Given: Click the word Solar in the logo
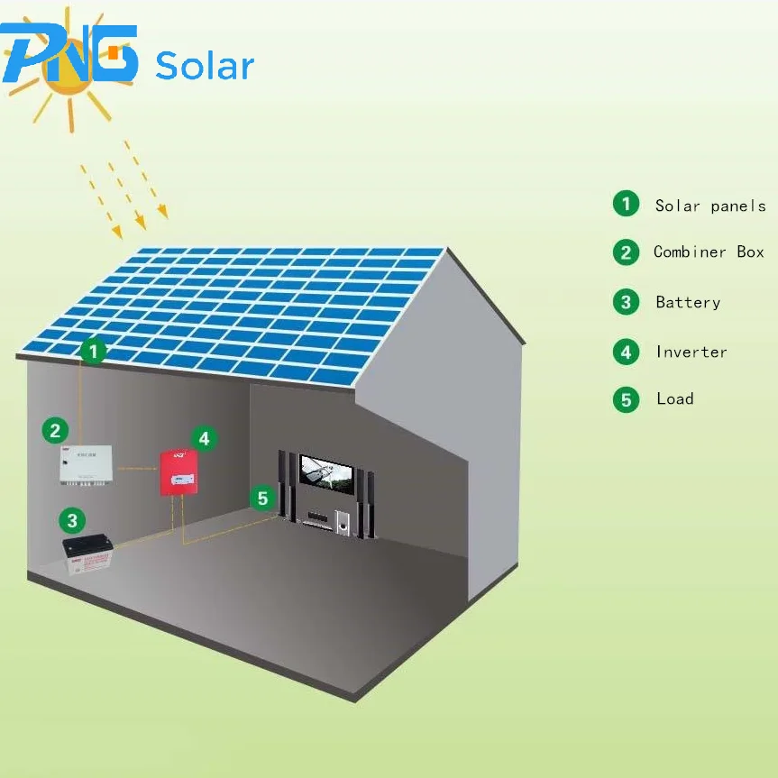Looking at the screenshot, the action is (205, 66).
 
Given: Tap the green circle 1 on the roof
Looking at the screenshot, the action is (93, 351).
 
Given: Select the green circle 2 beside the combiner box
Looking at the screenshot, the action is (56, 430).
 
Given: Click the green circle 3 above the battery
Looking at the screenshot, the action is (72, 519).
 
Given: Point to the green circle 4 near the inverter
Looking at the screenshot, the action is (205, 439).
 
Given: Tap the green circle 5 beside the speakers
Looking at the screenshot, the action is (262, 498).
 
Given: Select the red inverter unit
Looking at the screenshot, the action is (178, 471).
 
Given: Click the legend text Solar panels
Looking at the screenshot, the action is (710, 206).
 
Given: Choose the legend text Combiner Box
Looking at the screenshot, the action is (709, 252).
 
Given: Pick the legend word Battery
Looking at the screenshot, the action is (688, 303).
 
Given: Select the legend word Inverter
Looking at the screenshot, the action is (691, 352).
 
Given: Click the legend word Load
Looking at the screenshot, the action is (675, 398).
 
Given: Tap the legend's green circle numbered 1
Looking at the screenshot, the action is (626, 205).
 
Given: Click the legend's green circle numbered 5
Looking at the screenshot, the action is (626, 399).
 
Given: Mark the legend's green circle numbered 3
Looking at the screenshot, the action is (626, 302).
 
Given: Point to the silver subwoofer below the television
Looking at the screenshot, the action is (343, 522).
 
